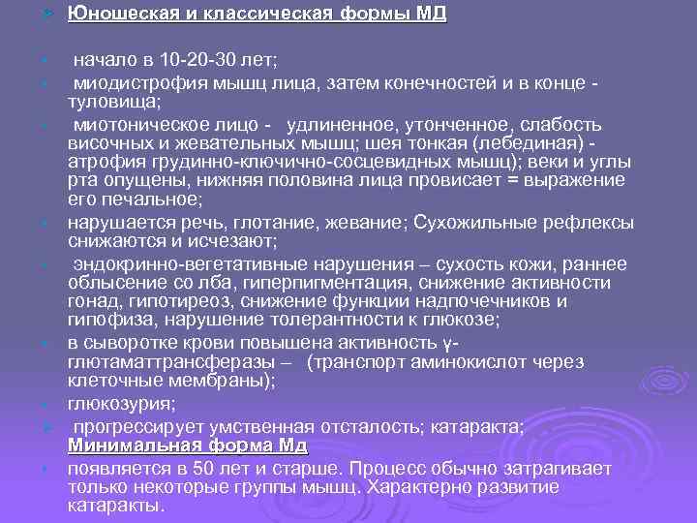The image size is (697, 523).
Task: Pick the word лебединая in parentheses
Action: click(x=530, y=144)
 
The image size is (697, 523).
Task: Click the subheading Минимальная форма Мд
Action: click(x=188, y=446)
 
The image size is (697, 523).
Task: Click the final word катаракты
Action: click(x=116, y=506)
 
